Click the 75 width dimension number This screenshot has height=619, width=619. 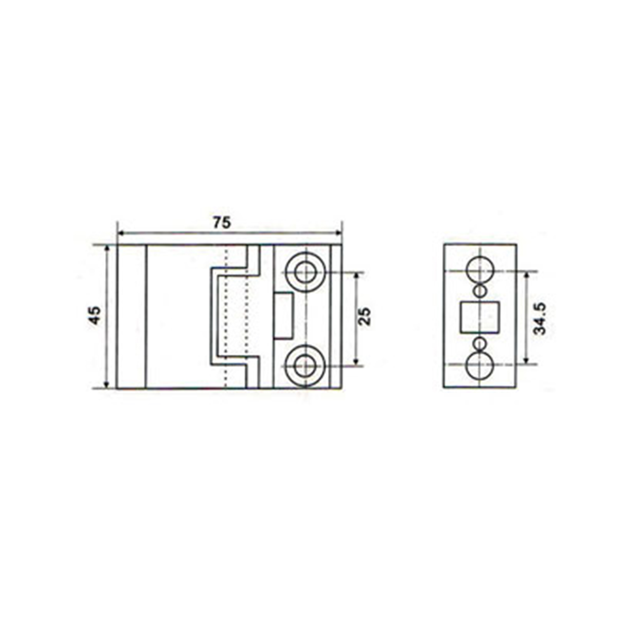pos(222,223)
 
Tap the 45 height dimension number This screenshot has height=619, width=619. pos(95,315)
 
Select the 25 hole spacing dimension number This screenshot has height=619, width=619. pos(365,316)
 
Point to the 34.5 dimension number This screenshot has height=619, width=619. pos(539,318)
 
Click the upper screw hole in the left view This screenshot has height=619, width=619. pos(305,272)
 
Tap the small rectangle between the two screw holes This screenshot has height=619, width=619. pos(284,316)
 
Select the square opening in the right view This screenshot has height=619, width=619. pos(480,317)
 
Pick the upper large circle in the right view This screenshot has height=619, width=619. pos(480,270)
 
